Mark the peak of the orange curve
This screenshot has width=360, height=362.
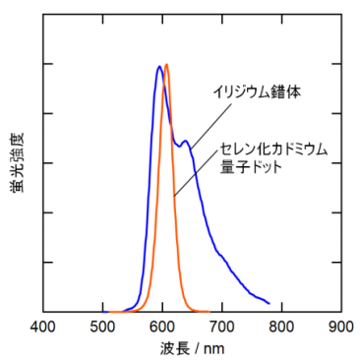click(167, 65)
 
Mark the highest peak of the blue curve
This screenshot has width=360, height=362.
click(159, 67)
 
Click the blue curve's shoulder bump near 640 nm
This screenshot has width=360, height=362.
click(185, 142)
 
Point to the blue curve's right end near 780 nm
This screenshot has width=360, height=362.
click(269, 302)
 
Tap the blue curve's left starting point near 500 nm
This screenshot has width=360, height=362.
click(105, 311)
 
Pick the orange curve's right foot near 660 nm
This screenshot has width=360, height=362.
click(201, 310)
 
